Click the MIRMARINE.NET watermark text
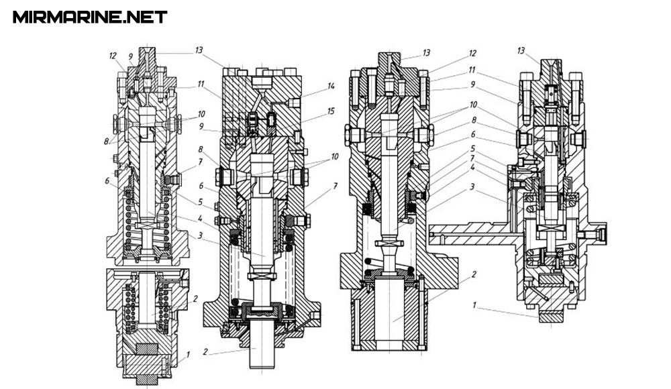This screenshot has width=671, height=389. pyautogui.click(x=90, y=17)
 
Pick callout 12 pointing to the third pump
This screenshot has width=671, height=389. pyautogui.click(x=473, y=54)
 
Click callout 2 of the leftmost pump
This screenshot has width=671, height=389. pyautogui.click(x=195, y=299)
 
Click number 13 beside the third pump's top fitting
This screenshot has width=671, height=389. pyautogui.click(x=426, y=52)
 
